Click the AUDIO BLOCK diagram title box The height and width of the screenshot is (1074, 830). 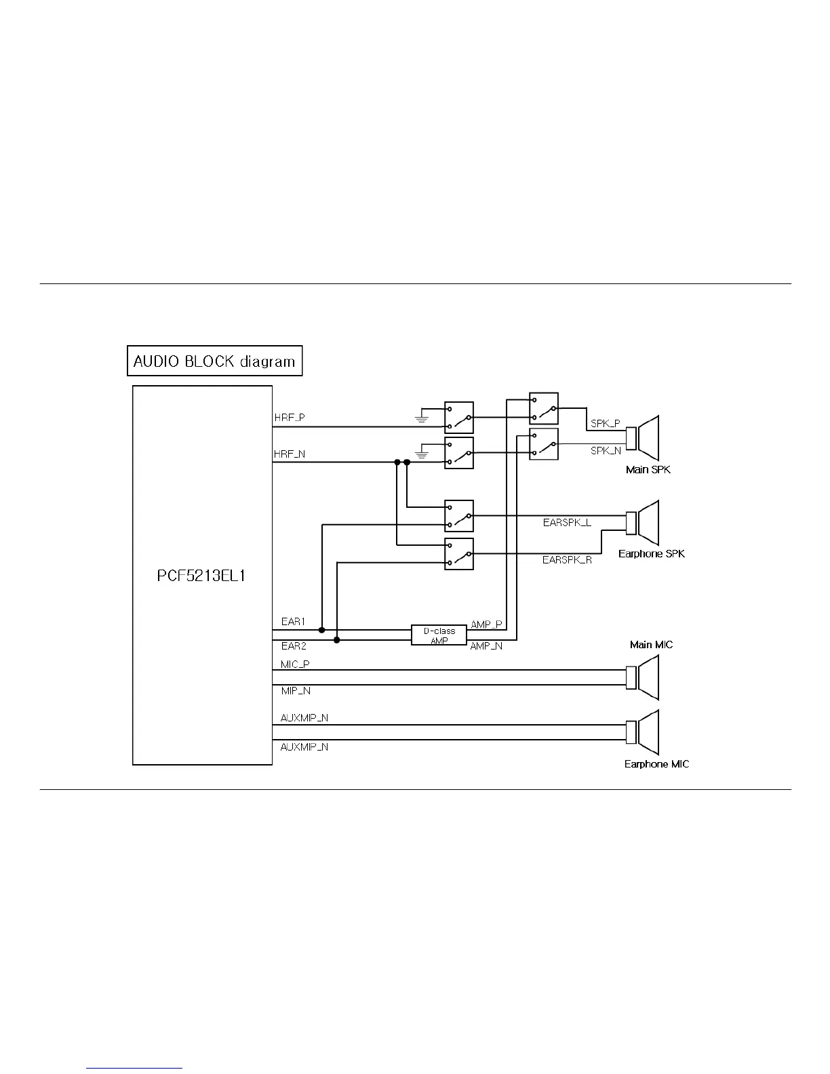pos(214,361)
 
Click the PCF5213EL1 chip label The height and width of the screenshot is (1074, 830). pos(201,576)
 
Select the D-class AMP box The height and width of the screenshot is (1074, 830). pos(439,635)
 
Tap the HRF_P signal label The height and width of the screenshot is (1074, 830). pos(290,418)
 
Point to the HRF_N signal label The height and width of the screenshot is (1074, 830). pos(290,454)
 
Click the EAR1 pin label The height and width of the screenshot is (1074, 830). pos(294,621)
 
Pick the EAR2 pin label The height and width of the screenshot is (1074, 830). pos(294,646)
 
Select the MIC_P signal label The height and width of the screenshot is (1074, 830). pos(295,664)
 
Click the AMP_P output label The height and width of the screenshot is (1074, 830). pos(486,624)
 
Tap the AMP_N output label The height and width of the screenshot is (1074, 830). pos(486,646)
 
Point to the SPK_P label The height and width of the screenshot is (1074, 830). pos(605,423)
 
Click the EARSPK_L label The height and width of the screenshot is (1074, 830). pos(567,523)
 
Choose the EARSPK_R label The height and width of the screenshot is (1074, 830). pos(567,560)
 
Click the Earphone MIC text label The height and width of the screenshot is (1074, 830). pos(656,764)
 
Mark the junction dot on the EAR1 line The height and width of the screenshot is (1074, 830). pos(322,630)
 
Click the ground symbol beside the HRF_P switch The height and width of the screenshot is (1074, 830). pos(422,418)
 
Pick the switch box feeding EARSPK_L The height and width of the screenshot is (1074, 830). pos(459,516)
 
